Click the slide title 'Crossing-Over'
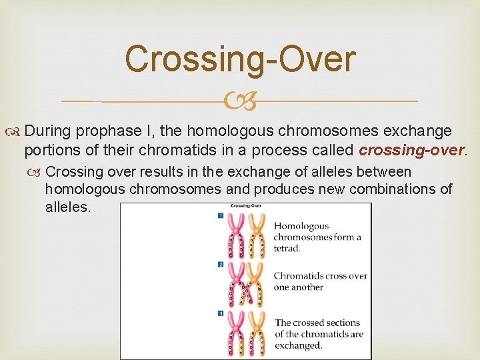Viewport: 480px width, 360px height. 240,59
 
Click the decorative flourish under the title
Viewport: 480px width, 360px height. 240,102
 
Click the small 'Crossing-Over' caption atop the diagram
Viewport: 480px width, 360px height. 246,206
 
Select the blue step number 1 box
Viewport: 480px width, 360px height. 221,215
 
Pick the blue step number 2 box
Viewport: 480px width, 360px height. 221,265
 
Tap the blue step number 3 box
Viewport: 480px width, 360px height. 221,313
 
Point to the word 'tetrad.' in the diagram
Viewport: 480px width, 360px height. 287,248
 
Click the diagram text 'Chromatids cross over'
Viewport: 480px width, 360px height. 320,276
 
